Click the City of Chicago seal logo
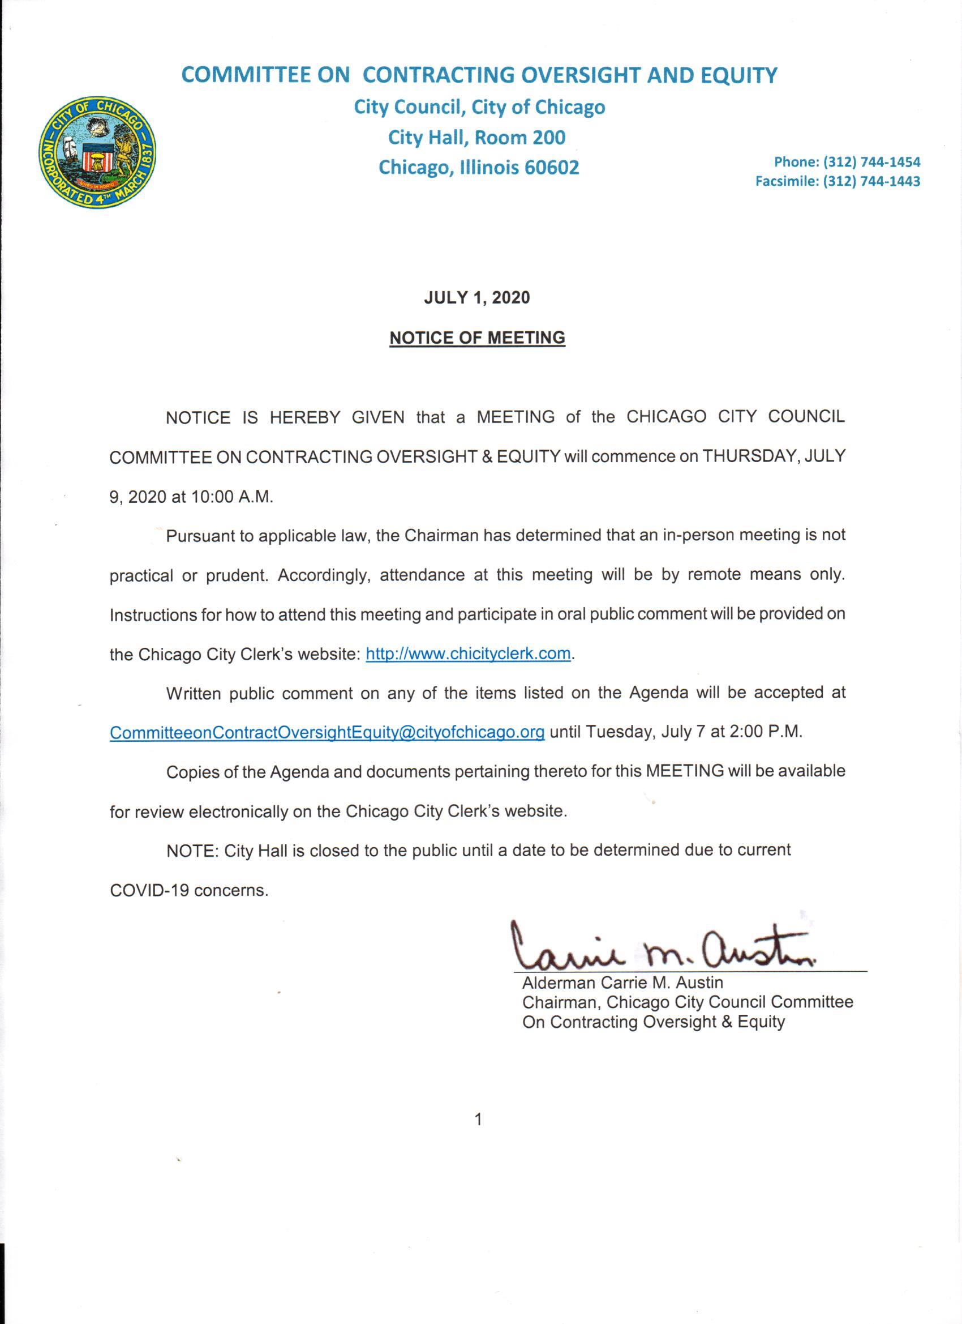tap(97, 150)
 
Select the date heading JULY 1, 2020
tap(476, 298)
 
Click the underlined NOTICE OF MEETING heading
tap(476, 338)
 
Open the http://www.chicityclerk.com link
tap(468, 654)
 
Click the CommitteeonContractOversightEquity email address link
tap(327, 732)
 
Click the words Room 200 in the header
tap(521, 137)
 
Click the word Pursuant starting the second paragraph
tap(200, 536)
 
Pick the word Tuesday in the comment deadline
tap(620, 732)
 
